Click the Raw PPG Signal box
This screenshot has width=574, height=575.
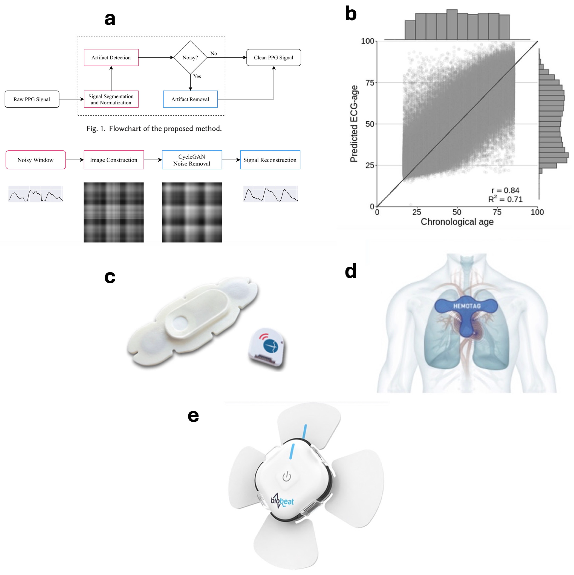point(32,99)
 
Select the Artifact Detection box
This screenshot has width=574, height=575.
point(111,57)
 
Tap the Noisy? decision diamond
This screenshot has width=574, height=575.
point(190,57)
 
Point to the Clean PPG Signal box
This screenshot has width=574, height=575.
point(274,57)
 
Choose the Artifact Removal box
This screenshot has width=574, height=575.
point(190,99)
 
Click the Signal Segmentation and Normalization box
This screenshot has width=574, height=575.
point(111,99)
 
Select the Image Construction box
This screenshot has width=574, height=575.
point(114,160)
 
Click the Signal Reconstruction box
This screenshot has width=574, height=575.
point(270,160)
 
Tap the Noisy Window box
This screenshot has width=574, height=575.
point(35,160)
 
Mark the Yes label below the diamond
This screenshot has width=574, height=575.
point(197,77)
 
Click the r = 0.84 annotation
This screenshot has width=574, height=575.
point(505,190)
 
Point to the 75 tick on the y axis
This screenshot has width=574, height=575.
point(370,83)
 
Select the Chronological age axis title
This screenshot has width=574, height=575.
point(457,222)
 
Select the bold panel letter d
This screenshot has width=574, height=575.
point(351,271)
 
